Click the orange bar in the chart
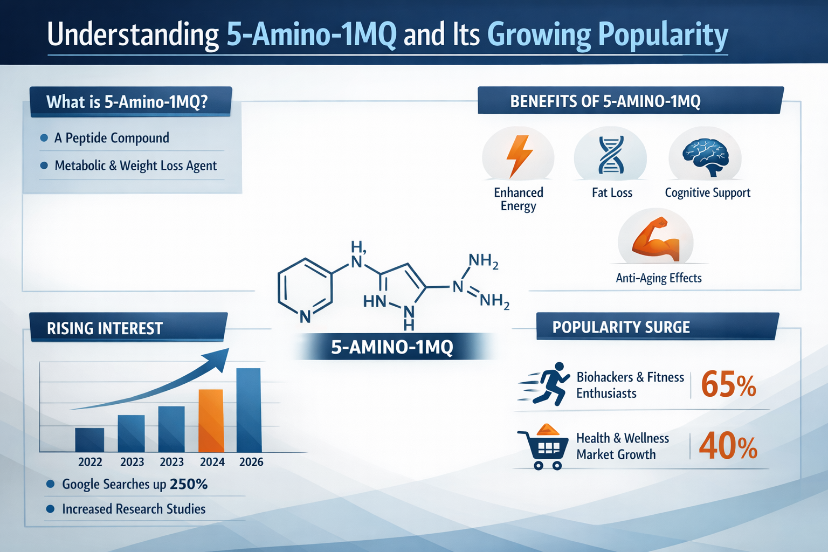[x=211, y=420]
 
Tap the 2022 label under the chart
[x=90, y=462]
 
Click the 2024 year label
[x=212, y=462]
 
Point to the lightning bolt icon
[x=519, y=155]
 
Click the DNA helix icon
[x=611, y=155]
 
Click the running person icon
[x=546, y=383]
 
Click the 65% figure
[x=728, y=385]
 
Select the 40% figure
[x=728, y=447]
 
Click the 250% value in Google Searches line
[x=189, y=484]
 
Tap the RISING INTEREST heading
[x=105, y=328]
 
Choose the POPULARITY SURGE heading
[x=621, y=327]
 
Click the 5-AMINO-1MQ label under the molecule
[x=392, y=347]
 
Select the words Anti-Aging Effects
[x=659, y=278]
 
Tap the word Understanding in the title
[x=133, y=34]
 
